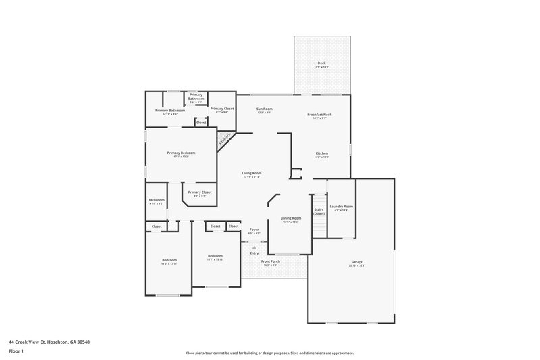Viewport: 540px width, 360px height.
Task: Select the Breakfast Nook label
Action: pyautogui.click(x=319, y=115)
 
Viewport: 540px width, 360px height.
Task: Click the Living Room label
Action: pyautogui.click(x=252, y=173)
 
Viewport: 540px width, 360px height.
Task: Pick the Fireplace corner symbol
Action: pyautogui.click(x=224, y=138)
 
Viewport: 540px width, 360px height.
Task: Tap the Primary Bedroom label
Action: pyautogui.click(x=181, y=153)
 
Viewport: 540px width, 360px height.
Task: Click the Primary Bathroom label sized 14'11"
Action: pyautogui.click(x=170, y=111)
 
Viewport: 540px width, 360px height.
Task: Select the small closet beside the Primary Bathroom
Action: pyautogui.click(x=201, y=122)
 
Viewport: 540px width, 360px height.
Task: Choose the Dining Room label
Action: pyautogui.click(x=291, y=219)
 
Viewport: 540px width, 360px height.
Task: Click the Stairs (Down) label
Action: pyautogui.click(x=319, y=211)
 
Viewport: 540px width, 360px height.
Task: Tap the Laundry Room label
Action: pyautogui.click(x=341, y=207)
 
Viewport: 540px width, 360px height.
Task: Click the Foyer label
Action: pyautogui.click(x=254, y=230)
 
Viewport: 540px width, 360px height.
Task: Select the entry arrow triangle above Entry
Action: pyautogui.click(x=254, y=247)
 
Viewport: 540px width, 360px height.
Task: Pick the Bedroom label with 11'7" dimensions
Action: pyautogui.click(x=215, y=257)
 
